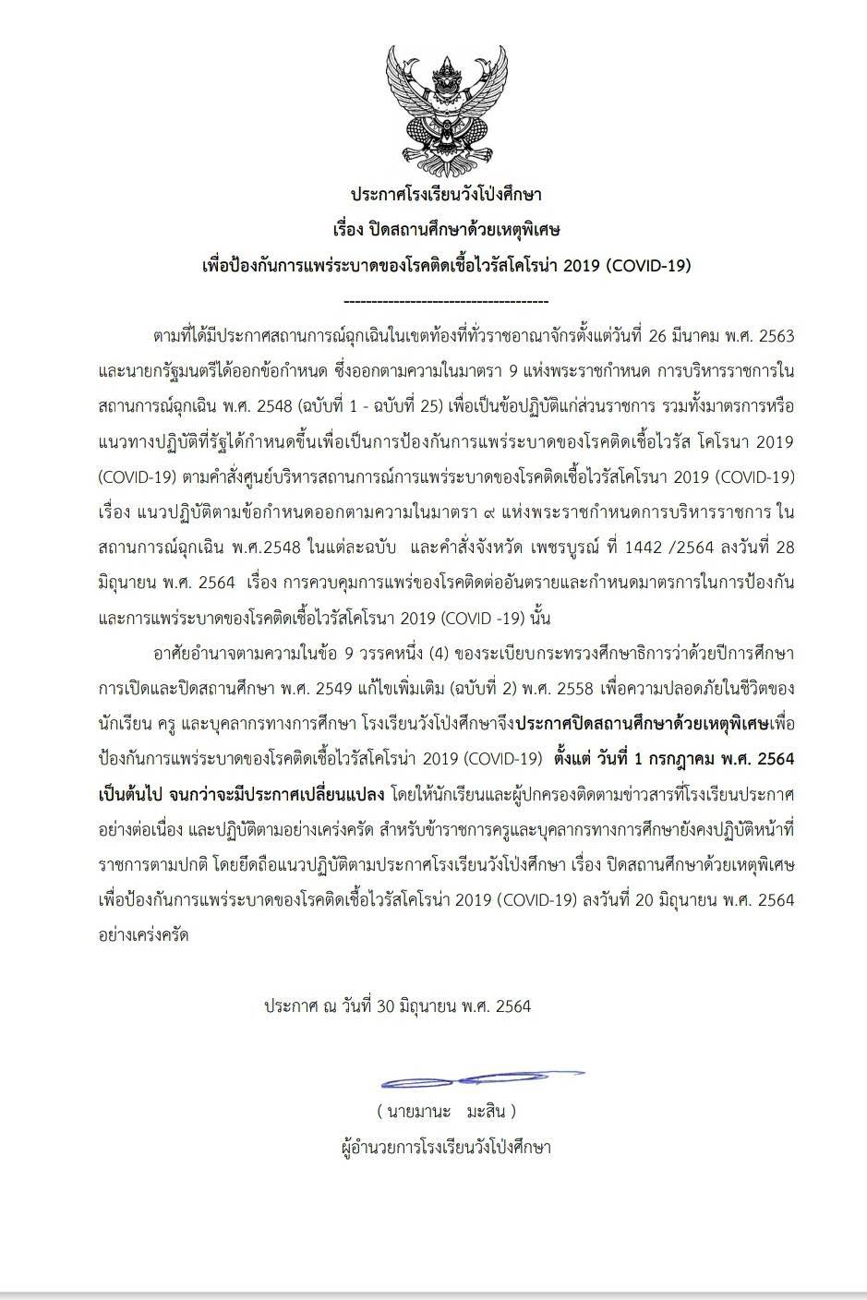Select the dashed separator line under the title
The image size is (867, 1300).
(446, 301)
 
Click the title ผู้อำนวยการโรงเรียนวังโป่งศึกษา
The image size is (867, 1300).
(446, 1148)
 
